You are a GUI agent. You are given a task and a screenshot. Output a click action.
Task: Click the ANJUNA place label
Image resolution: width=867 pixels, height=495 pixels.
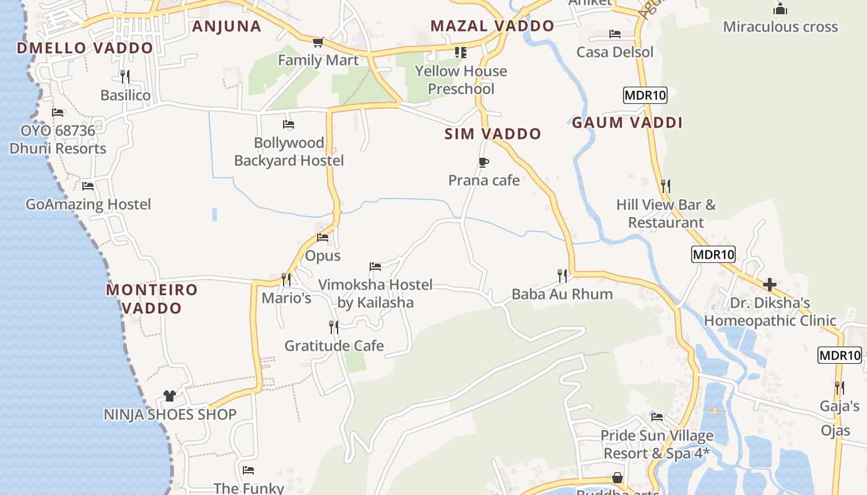point(227,26)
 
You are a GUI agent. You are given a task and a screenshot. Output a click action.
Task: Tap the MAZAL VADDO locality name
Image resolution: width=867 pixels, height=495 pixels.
point(492,26)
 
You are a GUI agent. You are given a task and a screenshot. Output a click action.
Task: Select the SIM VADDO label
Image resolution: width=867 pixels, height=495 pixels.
point(493,134)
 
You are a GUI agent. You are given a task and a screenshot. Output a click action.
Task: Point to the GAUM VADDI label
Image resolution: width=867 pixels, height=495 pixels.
point(627,123)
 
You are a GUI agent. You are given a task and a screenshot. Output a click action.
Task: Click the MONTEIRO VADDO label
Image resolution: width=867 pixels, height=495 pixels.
point(152,298)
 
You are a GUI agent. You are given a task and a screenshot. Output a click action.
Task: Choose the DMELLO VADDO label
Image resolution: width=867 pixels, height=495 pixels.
point(85,48)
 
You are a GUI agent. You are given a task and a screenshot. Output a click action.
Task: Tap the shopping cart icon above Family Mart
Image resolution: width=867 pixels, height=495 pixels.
point(318,42)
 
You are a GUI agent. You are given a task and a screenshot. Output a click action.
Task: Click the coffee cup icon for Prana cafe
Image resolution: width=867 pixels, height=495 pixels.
point(484,163)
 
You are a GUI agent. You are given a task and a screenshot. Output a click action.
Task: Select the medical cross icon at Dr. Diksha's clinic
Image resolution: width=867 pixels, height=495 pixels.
point(770,285)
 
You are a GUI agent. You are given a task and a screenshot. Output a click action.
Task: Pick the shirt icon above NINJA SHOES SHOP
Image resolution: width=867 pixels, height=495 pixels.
point(170,396)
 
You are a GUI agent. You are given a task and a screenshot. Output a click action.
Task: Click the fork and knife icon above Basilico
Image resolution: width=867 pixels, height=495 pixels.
point(125,77)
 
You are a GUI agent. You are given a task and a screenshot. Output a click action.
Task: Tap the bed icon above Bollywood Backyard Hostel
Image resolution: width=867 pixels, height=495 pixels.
point(289,124)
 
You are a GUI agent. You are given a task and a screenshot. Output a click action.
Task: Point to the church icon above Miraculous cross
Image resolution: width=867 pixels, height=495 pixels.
point(780,9)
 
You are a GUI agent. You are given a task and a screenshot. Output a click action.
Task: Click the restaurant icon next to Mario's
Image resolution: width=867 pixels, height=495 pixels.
point(285,280)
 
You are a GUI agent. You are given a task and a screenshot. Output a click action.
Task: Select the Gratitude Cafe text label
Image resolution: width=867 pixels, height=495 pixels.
point(334,346)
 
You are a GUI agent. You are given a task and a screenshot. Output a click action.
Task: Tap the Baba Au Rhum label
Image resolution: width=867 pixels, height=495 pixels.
point(562,294)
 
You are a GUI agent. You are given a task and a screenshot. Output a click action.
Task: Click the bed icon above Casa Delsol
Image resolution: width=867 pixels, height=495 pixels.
point(614,34)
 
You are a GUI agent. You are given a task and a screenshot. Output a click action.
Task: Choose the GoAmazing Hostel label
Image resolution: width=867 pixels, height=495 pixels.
point(89,204)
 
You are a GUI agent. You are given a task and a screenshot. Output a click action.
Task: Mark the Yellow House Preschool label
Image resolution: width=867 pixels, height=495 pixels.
point(461,80)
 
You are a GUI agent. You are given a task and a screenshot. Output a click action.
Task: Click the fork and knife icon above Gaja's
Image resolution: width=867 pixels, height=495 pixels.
point(839,388)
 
